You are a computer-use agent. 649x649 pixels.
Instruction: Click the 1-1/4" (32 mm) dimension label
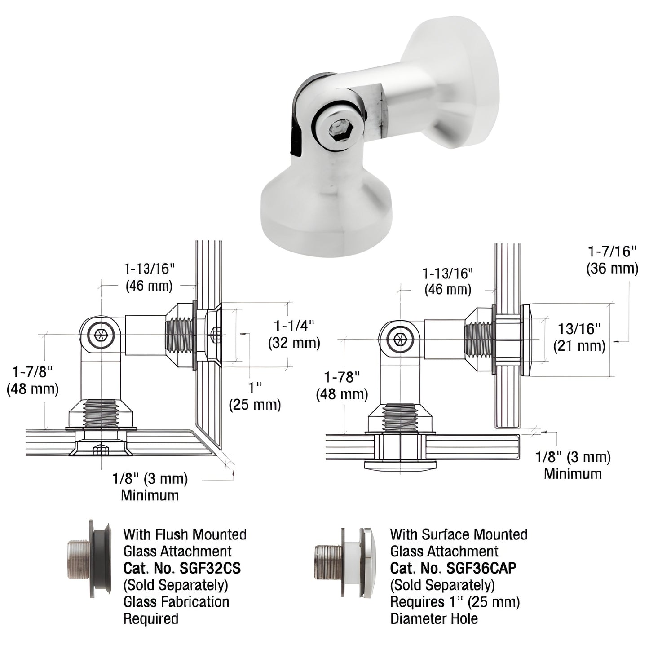point(294,334)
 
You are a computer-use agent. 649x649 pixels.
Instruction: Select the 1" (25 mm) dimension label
point(255,396)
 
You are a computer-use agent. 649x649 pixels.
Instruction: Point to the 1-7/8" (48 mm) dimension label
point(32,380)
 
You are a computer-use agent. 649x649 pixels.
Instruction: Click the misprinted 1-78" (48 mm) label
point(342,386)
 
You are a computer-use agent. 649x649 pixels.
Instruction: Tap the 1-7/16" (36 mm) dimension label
point(612,260)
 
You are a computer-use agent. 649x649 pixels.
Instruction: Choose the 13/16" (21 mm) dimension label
point(579,337)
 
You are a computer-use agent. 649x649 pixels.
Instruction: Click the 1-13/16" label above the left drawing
point(149,277)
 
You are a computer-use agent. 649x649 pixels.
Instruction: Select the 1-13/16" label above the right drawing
point(448,281)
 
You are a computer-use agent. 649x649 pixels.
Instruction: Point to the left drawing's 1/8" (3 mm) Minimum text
point(150,487)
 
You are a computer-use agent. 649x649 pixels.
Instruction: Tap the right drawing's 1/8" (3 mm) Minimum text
point(573,465)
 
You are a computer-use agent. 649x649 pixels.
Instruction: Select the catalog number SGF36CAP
point(481,568)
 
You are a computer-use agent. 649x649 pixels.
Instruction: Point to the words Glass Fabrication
point(176,602)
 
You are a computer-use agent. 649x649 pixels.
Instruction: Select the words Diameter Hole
point(434,618)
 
